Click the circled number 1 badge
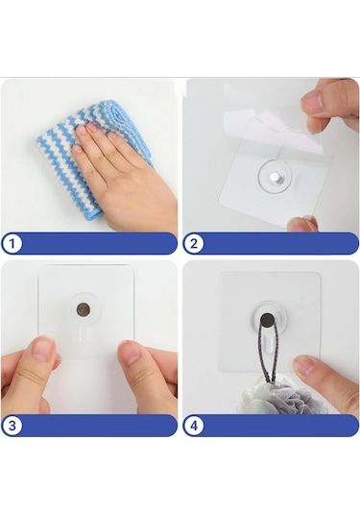pyautogui.click(x=12, y=244)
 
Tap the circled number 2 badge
pyautogui.click(x=194, y=244)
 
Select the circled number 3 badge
pyautogui.click(x=12, y=426)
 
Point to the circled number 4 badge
pyautogui.click(x=194, y=426)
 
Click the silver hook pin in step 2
pyautogui.click(x=274, y=179)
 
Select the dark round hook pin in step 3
pyautogui.click(x=84, y=309)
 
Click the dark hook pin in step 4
pyautogui.click(x=267, y=320)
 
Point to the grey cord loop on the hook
pyautogui.click(x=267, y=354)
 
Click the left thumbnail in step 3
pyautogui.click(x=42, y=348)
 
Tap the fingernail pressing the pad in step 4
pyautogui.click(x=303, y=364)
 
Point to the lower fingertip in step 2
pyautogui.click(x=301, y=224)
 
